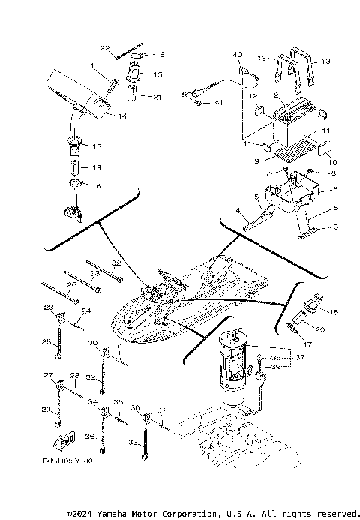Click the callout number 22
106,47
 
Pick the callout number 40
238,55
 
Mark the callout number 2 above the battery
277,95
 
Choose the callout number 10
334,161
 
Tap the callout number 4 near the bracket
238,212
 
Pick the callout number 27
48,375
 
